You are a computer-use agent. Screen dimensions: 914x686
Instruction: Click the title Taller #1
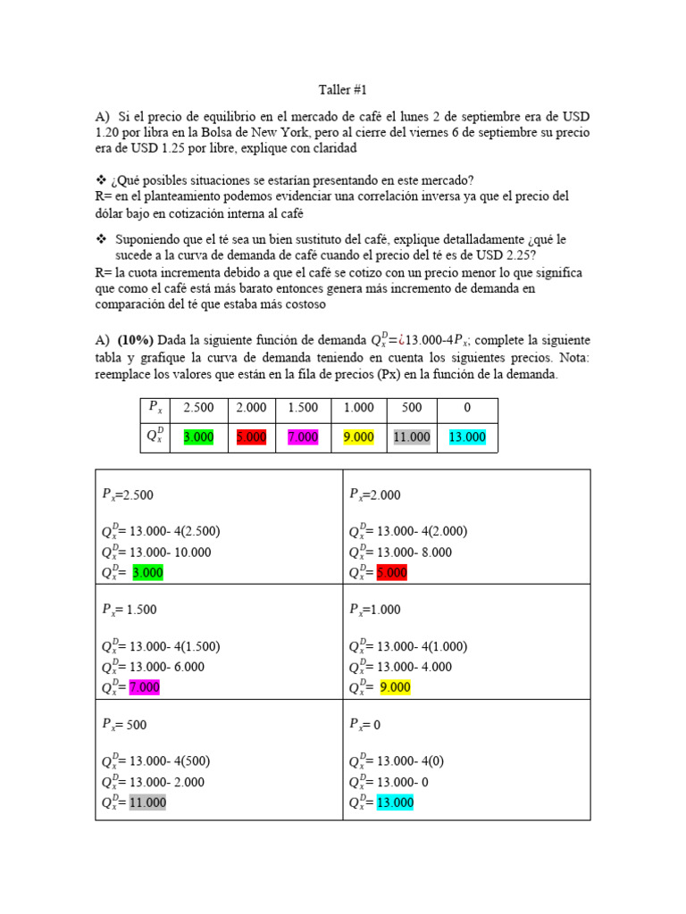(x=343, y=90)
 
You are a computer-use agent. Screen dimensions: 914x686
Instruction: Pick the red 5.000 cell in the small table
(x=251, y=437)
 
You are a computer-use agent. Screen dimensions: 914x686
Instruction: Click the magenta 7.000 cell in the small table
(x=304, y=437)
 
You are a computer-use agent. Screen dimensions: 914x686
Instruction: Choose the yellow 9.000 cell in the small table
(x=357, y=437)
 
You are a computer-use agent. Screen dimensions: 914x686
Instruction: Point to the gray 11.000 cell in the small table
(x=411, y=437)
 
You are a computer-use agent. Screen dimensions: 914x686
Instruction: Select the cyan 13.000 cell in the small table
(x=467, y=437)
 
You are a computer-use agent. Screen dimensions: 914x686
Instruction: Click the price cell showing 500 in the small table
(x=411, y=407)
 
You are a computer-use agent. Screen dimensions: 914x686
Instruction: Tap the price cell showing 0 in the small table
(x=467, y=407)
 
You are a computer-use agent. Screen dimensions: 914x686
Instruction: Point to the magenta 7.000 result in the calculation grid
(x=144, y=687)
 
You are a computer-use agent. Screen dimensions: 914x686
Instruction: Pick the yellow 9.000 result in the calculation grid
(x=395, y=687)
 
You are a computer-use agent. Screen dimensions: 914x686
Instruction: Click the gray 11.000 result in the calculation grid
(x=147, y=802)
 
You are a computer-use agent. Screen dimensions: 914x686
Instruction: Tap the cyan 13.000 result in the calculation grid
(x=395, y=802)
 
